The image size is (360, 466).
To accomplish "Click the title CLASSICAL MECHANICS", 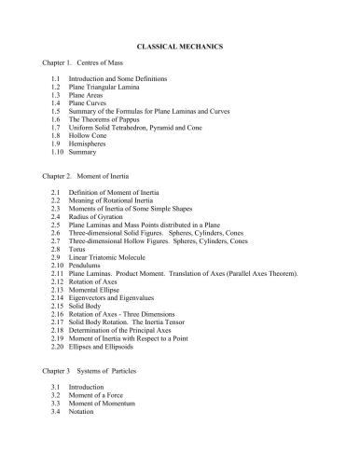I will [181, 45].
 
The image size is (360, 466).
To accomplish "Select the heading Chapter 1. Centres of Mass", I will [83, 73].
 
